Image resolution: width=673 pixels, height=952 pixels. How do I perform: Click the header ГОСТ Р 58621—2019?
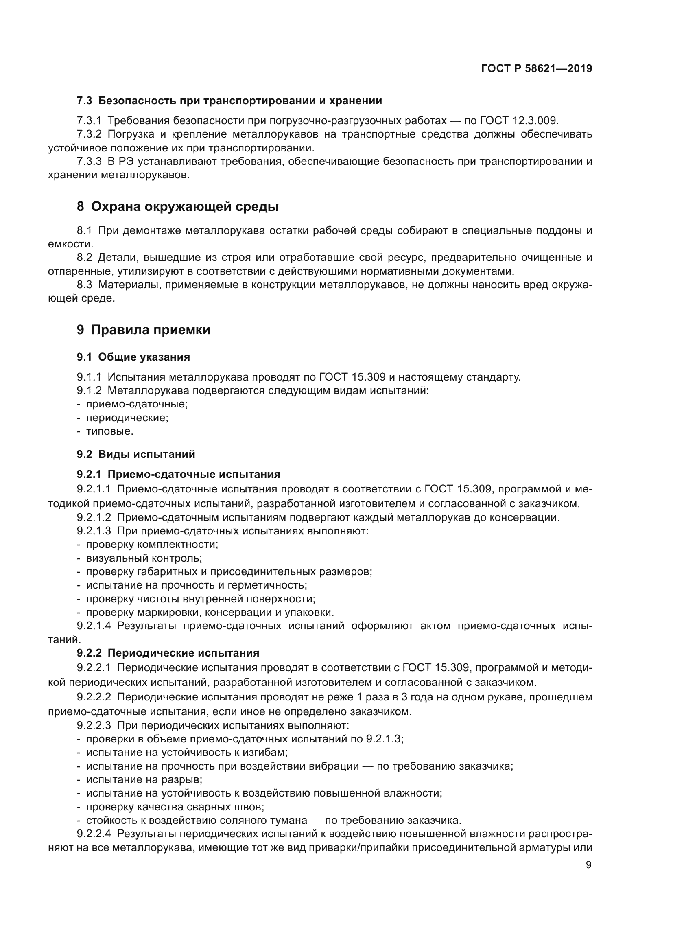[536, 68]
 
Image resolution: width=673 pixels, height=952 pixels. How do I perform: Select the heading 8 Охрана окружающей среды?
[177, 206]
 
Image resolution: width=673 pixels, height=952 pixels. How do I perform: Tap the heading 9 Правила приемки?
[143, 330]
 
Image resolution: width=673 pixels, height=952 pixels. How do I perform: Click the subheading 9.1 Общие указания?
[133, 357]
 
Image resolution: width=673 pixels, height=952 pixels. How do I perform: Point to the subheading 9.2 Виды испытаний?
[135, 454]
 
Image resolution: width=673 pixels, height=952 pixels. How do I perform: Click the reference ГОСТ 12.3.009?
[519, 120]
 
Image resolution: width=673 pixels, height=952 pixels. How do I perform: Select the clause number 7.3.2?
[89, 134]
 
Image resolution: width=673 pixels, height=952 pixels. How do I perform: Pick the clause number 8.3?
[85, 285]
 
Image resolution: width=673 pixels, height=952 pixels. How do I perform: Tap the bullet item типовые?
[109, 431]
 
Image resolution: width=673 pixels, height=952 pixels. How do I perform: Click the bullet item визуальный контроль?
[144, 558]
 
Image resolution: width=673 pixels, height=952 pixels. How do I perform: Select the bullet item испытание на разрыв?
[144, 779]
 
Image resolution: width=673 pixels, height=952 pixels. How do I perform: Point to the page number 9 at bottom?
[588, 865]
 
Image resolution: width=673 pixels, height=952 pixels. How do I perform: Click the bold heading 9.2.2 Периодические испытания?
[168, 653]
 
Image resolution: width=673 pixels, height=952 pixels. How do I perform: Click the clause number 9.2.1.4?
[94, 626]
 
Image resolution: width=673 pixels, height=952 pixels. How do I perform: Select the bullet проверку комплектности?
[152, 545]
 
